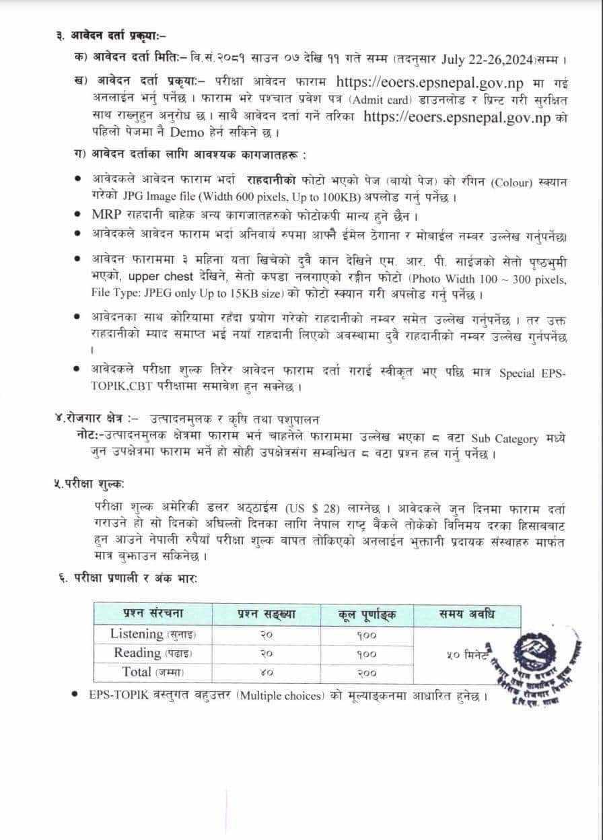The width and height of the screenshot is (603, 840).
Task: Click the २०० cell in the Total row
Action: (367, 672)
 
